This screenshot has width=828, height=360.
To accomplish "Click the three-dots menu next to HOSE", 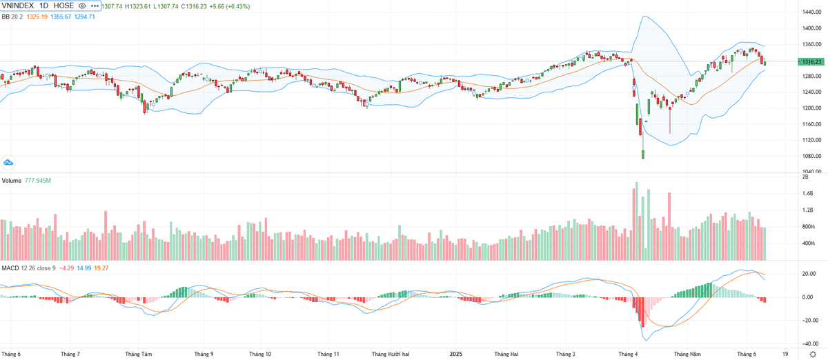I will click(95, 6).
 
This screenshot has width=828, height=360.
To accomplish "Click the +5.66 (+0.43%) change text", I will click(230, 6).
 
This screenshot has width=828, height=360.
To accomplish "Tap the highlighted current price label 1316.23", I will click(813, 61).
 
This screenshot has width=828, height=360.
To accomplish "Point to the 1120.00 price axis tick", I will click(811, 140).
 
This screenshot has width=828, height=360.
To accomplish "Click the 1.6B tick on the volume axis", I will click(807, 194).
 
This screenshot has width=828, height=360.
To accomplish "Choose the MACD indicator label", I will click(10, 268).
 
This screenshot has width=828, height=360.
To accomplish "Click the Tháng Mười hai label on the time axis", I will click(391, 354).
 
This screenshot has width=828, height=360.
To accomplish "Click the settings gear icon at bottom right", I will click(812, 354).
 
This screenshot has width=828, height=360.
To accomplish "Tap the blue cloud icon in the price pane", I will click(9, 163).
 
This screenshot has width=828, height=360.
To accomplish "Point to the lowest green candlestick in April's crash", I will click(643, 154).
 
